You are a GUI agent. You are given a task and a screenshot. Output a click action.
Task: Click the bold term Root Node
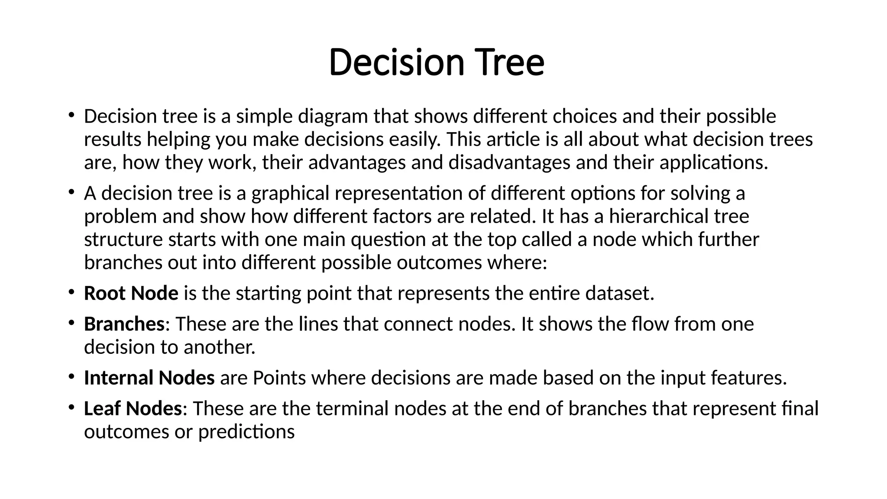pyautogui.click(x=131, y=294)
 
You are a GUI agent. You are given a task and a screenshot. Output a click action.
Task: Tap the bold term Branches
pyautogui.click(x=124, y=324)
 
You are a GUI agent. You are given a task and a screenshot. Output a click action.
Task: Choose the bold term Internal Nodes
pyautogui.click(x=149, y=378)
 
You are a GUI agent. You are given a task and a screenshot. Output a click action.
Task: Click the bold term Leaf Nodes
pyautogui.click(x=133, y=409)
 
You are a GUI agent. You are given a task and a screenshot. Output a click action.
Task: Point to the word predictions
pyautogui.click(x=246, y=432)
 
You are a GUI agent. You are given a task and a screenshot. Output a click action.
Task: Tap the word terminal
pyautogui.click(x=352, y=409)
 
